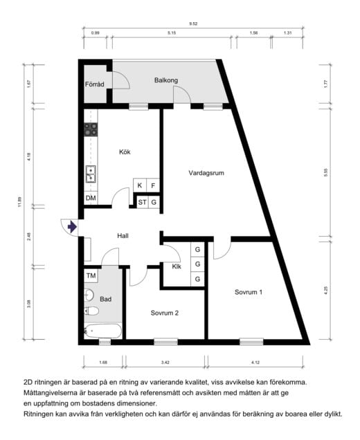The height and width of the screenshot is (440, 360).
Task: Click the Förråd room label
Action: pyautogui.click(x=94, y=85)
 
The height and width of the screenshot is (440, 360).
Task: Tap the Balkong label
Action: pyautogui.click(x=165, y=80)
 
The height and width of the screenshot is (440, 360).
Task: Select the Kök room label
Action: pyautogui.click(x=125, y=152)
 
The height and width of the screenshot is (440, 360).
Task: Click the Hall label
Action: pyautogui.click(x=123, y=236)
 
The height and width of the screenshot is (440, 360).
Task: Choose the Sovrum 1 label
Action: pyautogui.click(x=249, y=292)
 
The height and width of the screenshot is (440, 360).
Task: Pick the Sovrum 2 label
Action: pyautogui.click(x=165, y=313)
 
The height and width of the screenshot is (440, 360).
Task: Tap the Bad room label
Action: pyautogui.click(x=105, y=300)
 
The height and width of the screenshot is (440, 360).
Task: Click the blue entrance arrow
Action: pyautogui.click(x=71, y=226)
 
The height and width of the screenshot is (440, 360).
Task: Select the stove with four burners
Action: pyautogui.click(x=91, y=129)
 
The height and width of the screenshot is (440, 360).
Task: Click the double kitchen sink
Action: pyautogui.click(x=91, y=174)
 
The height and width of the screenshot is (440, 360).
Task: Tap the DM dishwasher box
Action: pyautogui.click(x=91, y=199)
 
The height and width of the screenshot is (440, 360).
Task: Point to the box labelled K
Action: pyautogui.click(x=140, y=185)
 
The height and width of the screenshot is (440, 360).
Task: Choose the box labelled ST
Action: pyautogui.click(x=141, y=202)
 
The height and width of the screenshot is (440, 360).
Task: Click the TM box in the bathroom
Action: pyautogui.click(x=91, y=275)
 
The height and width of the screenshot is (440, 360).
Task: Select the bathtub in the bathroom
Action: pyautogui.click(x=102, y=330)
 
